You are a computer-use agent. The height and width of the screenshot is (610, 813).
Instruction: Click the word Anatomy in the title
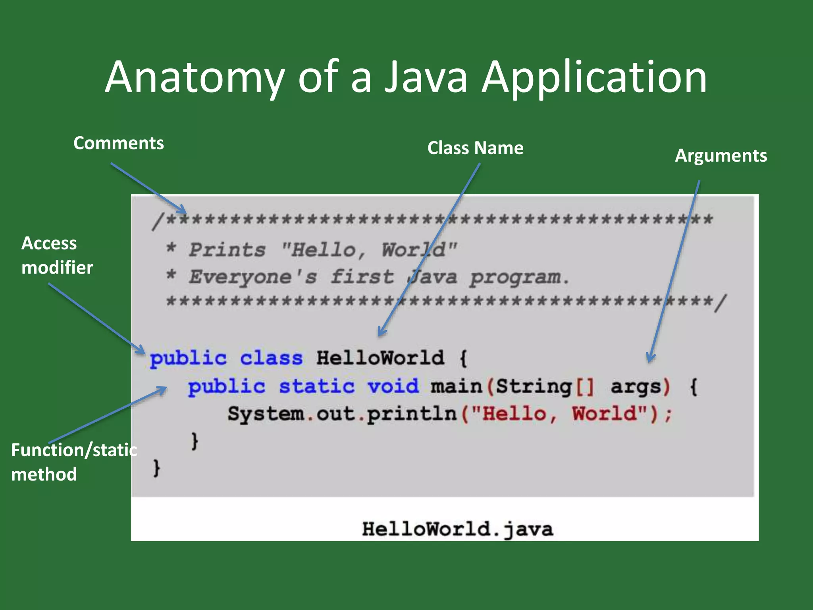tap(195, 77)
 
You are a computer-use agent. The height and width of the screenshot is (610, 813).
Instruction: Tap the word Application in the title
tap(594, 77)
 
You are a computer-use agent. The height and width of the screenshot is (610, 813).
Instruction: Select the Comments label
tap(118, 143)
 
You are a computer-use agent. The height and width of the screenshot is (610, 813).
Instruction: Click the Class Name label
tap(475, 148)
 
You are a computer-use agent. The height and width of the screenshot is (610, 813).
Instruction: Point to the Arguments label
tap(721, 156)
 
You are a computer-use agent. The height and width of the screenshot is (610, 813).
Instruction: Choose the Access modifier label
tap(57, 255)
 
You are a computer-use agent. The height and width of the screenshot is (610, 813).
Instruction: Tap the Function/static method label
tap(74, 462)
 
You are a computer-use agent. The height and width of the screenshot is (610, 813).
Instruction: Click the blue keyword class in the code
tap(271, 358)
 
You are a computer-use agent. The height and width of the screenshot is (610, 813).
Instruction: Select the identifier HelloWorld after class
tap(380, 358)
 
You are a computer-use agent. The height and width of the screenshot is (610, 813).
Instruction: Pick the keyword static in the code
tap(316, 386)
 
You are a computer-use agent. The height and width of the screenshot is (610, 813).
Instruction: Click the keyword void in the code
tap(393, 386)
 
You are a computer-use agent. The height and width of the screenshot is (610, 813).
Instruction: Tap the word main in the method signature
tap(456, 386)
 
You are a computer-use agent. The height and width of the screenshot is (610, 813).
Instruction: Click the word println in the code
tap(412, 414)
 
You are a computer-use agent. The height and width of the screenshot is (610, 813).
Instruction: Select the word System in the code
tap(266, 414)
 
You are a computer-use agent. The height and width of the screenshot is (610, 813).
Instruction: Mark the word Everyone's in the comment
tap(252, 277)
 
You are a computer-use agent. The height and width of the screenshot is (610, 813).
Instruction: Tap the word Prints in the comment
tap(227, 250)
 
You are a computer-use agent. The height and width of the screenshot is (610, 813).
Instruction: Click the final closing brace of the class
tap(157, 468)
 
